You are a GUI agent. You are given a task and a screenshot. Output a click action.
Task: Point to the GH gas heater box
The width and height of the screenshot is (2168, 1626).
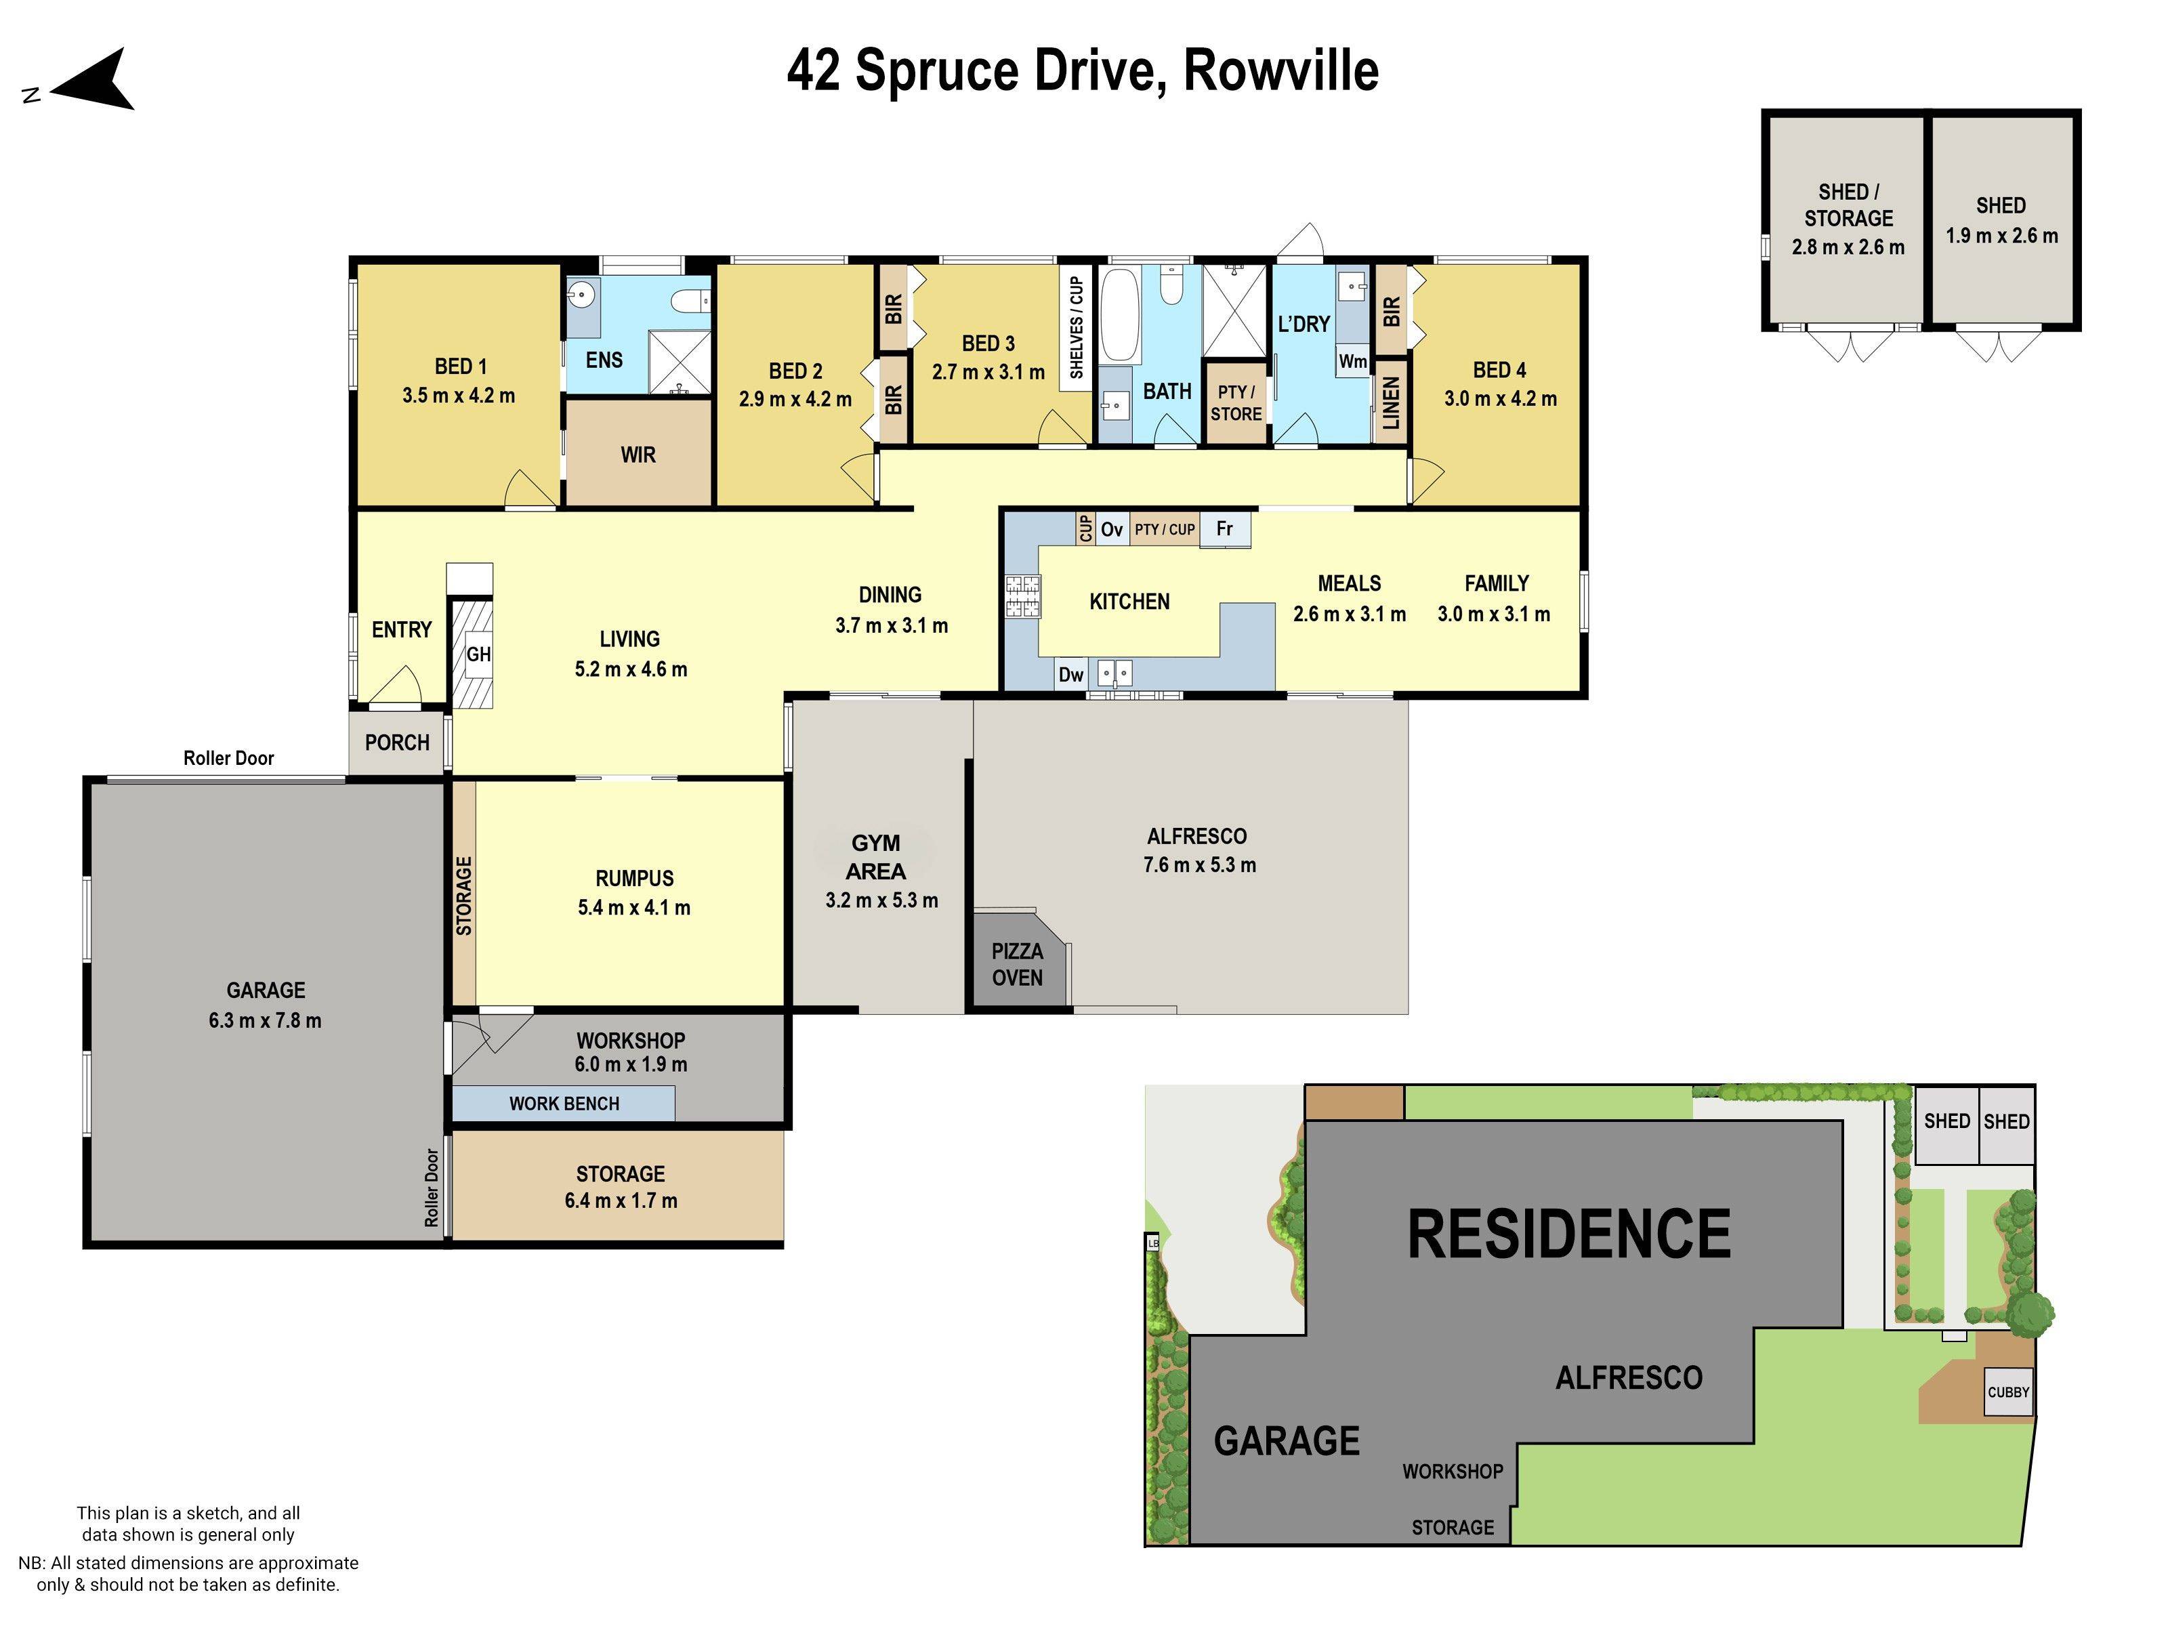(x=478, y=654)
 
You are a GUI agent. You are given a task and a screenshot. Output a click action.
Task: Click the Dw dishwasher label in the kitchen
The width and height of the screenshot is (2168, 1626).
(x=1070, y=674)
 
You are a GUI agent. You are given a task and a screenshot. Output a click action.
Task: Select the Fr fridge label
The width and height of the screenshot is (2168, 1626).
(x=1224, y=529)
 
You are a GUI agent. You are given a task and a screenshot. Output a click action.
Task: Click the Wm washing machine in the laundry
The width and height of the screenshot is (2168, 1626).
(x=1352, y=360)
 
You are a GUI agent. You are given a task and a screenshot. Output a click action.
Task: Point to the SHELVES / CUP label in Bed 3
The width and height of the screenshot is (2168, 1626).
(x=1075, y=327)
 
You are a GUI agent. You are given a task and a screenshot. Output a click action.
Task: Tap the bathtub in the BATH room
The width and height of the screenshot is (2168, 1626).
(x=1119, y=316)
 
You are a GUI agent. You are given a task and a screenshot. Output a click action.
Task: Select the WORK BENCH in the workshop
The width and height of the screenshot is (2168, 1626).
(x=564, y=1104)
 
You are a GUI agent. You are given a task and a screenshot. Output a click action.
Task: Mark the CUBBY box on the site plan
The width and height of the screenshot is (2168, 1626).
(x=2008, y=1392)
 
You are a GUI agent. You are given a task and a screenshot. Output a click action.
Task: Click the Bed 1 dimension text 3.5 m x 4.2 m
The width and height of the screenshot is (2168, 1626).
(x=458, y=396)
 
